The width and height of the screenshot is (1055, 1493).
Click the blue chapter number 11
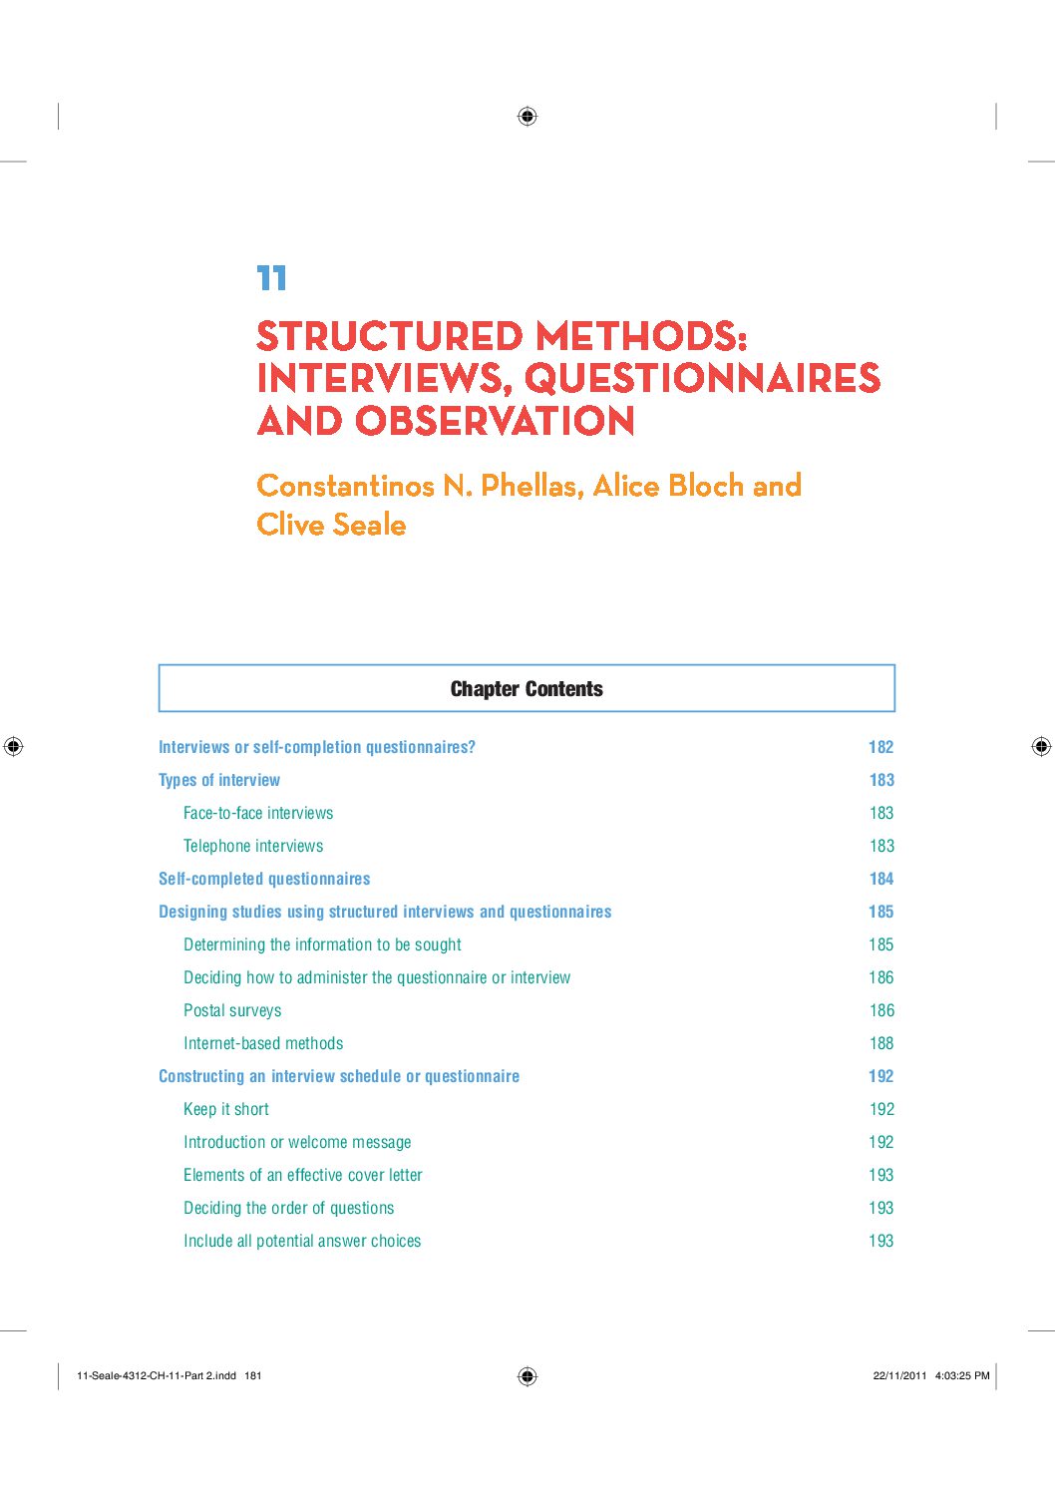271,278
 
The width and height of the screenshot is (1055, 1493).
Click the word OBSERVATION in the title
495,421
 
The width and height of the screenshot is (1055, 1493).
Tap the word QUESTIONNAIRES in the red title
702,378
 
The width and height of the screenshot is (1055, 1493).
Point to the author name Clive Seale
331,525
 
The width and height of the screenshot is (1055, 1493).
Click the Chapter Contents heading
527,689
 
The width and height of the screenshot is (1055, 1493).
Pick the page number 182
880,747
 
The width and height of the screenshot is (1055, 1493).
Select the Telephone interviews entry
253,846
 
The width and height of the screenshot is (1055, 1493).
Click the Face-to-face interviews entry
258,813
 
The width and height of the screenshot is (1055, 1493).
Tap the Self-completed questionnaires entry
264,879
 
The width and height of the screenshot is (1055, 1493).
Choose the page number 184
880,879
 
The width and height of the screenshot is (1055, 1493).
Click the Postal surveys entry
232,1010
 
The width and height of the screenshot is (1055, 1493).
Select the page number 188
880,1043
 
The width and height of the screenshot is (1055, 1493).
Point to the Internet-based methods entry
263,1043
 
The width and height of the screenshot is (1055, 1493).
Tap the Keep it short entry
226,1109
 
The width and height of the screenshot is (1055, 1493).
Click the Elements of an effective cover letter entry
303,1175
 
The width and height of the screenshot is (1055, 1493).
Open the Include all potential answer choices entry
302,1241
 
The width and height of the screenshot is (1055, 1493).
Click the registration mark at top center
527,117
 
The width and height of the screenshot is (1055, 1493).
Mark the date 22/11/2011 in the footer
899,1375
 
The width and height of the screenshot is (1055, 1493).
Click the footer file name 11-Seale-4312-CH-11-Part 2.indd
157,1375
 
